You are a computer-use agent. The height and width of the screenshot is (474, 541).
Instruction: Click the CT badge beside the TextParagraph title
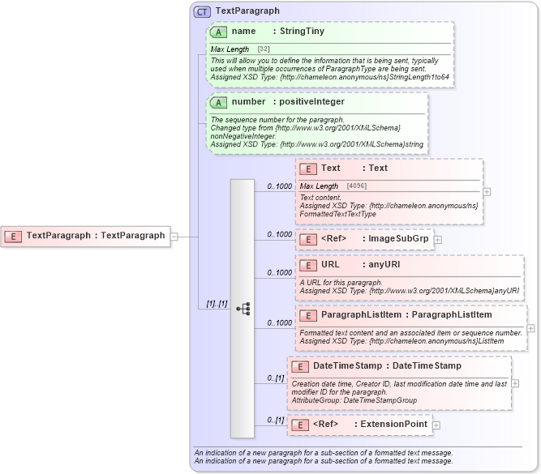point(203,11)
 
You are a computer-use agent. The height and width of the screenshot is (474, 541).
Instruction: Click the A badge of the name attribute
point(218,32)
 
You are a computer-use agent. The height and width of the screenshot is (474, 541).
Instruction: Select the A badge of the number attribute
point(218,102)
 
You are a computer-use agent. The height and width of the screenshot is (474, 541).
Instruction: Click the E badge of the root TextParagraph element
point(14,236)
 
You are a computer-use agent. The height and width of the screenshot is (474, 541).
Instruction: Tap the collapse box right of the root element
point(174,237)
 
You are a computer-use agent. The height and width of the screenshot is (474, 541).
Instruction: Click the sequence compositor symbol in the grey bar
point(243,309)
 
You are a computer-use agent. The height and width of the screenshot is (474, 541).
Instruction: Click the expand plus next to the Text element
point(487,192)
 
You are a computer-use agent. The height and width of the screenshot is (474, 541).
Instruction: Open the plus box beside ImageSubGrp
point(438,239)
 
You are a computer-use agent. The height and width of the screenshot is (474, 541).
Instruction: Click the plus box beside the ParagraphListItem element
point(530,328)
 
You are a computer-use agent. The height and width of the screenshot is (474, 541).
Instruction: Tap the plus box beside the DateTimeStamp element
point(516,383)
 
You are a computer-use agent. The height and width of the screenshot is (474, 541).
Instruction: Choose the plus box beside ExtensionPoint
point(436,425)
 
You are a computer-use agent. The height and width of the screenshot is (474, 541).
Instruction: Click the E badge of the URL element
point(308,264)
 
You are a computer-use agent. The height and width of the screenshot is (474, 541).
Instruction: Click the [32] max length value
point(264,49)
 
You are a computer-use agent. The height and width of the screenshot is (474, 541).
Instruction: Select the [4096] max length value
point(357,186)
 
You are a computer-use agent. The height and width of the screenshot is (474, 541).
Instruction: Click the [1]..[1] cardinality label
point(216,304)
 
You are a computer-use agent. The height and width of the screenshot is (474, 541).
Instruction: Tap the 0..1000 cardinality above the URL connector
point(279,273)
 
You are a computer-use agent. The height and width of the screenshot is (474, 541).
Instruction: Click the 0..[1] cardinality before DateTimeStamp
point(275,378)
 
